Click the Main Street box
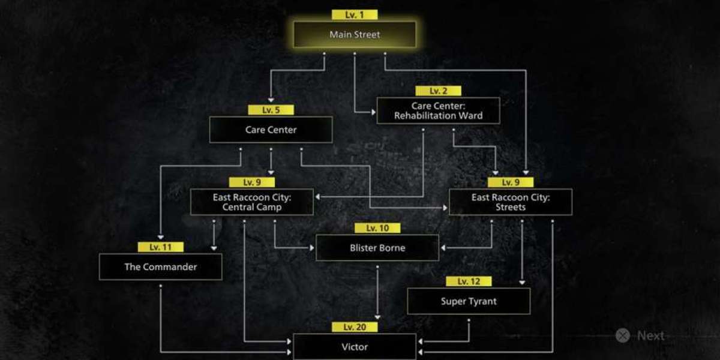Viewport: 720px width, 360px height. (x=355, y=34)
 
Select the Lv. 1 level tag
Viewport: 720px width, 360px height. (x=355, y=15)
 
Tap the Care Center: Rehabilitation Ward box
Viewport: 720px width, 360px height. (x=438, y=110)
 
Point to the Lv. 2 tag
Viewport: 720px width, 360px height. (x=438, y=91)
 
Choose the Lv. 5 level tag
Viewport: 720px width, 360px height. (x=271, y=110)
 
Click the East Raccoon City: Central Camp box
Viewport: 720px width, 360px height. (x=252, y=202)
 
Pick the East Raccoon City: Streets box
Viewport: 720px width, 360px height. (x=511, y=202)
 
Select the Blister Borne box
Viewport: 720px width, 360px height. (x=377, y=247)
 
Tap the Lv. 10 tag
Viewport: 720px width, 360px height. (x=377, y=228)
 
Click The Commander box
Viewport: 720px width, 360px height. (x=160, y=266)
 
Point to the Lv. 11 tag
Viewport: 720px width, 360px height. (x=160, y=247)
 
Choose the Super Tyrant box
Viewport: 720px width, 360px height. (x=469, y=301)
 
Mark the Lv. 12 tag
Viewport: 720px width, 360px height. (x=469, y=281)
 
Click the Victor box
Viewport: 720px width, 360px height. (x=355, y=347)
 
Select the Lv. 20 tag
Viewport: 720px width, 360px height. (x=355, y=327)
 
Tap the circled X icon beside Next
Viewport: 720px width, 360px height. (x=623, y=335)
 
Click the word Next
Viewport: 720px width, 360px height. (x=650, y=335)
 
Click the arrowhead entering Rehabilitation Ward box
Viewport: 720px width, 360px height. (x=373, y=112)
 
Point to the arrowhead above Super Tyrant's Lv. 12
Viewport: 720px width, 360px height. (x=522, y=283)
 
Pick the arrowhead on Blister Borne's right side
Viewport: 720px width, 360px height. (x=443, y=248)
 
